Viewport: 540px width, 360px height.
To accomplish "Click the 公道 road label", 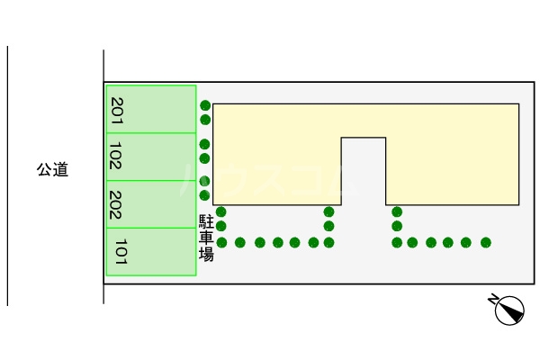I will [x=52, y=169].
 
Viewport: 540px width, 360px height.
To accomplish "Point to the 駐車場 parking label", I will [x=206, y=238].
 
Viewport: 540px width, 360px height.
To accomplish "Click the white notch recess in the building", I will [x=363, y=171].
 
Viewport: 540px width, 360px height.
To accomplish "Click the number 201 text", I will [x=117, y=110].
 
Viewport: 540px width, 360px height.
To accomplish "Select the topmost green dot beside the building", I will [x=205, y=105].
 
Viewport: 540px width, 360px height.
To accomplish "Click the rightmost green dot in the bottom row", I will [x=486, y=242].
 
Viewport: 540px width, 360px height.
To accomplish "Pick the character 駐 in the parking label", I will [x=206, y=221].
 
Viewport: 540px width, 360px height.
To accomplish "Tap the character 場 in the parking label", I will [x=206, y=255].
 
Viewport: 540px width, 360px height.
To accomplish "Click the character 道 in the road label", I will [x=60, y=169].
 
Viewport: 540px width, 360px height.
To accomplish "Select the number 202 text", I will [x=116, y=204].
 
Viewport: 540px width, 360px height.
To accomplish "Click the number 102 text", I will [x=116, y=157].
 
